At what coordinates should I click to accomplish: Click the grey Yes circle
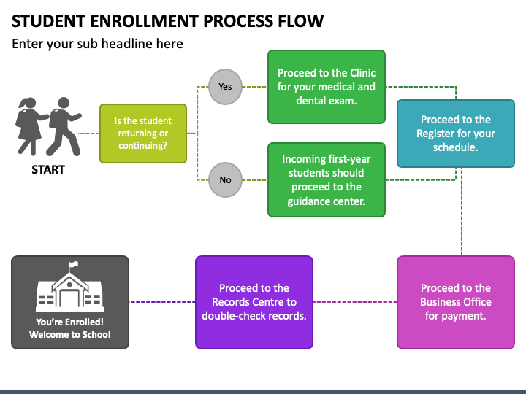pos(225,87)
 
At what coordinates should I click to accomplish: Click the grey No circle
pos(225,180)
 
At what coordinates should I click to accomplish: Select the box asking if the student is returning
pos(143,134)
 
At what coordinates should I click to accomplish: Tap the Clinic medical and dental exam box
pos(327,87)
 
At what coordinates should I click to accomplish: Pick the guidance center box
pos(327,180)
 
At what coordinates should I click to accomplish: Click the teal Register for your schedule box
pos(456,134)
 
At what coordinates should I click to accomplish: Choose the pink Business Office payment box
pos(456,302)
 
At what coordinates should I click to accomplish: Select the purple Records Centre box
pos(254,302)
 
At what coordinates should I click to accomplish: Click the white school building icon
pos(70,287)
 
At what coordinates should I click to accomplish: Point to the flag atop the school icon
pos(74,265)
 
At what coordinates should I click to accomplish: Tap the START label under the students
pos(48,169)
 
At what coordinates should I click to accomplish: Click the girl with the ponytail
pos(31,126)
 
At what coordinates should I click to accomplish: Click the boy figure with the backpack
pos(64,126)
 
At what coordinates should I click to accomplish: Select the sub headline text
pos(97,44)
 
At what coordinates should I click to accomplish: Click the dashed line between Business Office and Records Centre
pos(355,302)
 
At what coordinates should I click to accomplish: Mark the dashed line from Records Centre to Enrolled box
pos(162,302)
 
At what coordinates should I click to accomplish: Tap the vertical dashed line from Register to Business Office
pos(462,212)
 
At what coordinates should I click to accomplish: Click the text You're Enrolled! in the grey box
pos(70,322)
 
